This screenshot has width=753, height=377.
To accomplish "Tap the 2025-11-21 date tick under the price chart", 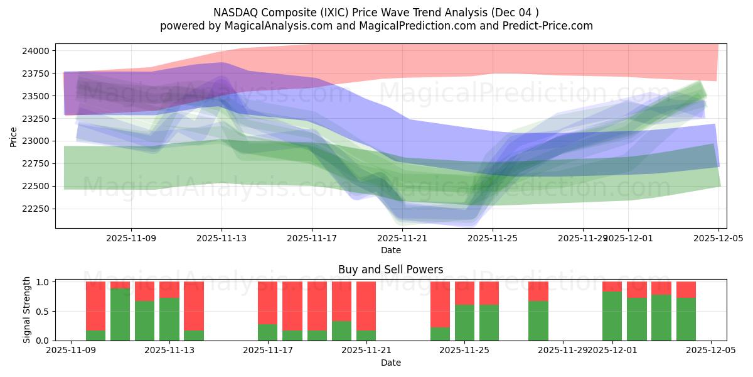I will coord(402,238).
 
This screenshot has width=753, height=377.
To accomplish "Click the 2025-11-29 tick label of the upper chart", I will coord(582,238).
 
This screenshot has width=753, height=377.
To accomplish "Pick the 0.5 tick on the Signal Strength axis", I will coord(43,312).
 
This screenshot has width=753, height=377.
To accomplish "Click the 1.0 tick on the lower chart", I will coord(43,282).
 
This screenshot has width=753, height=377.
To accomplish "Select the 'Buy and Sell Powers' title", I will coord(390,270).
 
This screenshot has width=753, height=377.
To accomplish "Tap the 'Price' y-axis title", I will coord(14,136).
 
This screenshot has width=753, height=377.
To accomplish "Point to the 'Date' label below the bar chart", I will coord(390,363).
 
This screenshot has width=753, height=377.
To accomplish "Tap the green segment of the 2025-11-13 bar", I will coord(169,319).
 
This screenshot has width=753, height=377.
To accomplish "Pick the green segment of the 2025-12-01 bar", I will coord(612,316).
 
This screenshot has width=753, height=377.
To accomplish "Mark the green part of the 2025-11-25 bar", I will coord(464,322).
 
